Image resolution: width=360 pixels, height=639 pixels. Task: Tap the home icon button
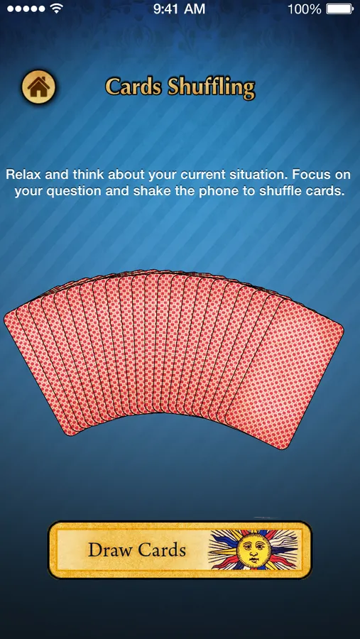click(x=38, y=87)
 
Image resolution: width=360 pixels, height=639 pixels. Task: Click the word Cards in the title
click(x=133, y=87)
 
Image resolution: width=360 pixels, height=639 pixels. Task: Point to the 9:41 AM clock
click(x=180, y=9)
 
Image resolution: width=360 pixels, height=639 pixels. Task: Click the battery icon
click(x=339, y=9)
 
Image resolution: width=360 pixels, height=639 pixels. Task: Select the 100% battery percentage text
click(x=304, y=9)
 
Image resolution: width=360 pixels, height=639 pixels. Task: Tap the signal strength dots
click(x=26, y=9)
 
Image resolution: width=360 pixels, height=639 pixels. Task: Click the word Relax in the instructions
click(x=23, y=175)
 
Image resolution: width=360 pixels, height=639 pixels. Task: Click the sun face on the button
click(x=249, y=548)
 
